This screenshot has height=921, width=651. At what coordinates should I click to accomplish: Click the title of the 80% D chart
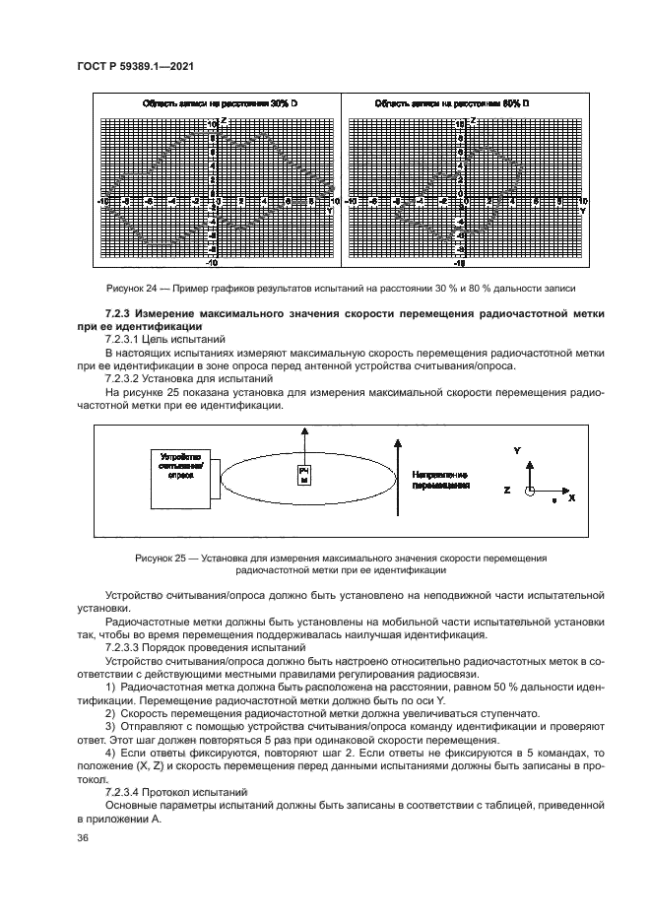453,102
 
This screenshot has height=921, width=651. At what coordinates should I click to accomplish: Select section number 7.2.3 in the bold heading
91,313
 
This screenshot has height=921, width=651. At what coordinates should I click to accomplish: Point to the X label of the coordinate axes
571,497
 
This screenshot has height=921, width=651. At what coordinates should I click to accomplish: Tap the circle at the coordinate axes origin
529,490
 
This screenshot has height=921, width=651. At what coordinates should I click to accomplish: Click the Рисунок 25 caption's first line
340,558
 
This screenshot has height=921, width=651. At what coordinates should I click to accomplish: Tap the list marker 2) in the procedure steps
110,712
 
